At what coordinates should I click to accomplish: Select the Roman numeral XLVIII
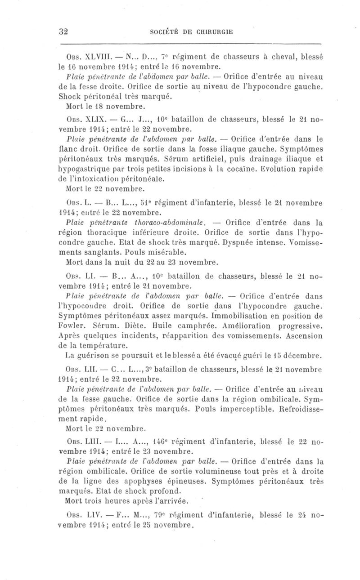pyautogui.click(x=94, y=57)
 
